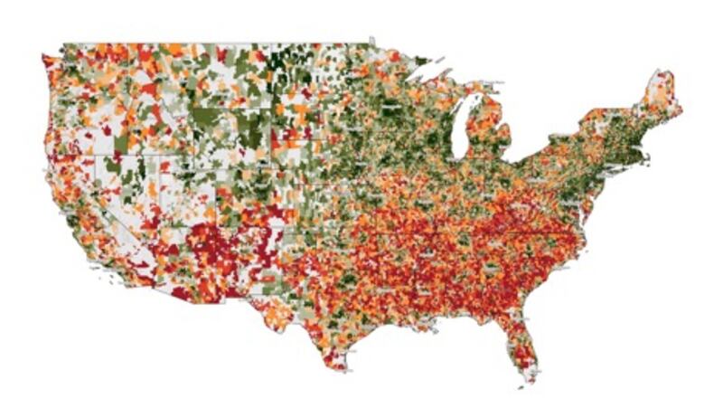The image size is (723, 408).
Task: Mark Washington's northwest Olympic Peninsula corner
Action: coord(45,60)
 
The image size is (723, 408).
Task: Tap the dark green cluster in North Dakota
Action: coord(294,63)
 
